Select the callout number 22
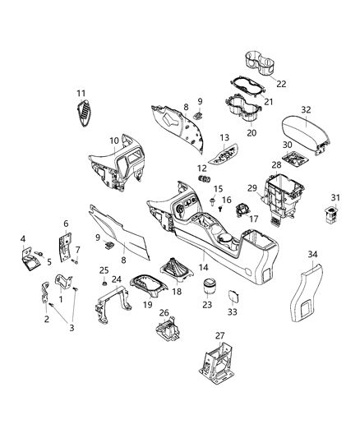click(281, 85)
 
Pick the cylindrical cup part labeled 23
click(209, 288)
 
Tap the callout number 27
click(219, 334)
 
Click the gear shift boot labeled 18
click(176, 270)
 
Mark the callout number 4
click(24, 239)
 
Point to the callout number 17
click(253, 219)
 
